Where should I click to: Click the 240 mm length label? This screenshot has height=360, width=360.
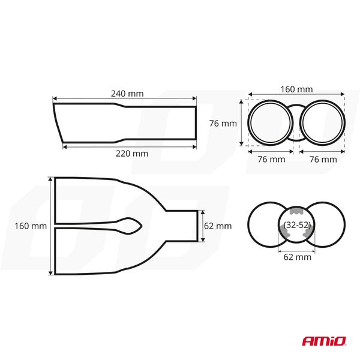[127, 94]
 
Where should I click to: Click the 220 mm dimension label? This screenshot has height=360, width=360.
[131, 154]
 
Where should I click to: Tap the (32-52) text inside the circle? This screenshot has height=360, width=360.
[295, 226]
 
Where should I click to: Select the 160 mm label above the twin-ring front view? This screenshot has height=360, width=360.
[296, 89]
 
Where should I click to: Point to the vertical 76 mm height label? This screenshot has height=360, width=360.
[223, 124]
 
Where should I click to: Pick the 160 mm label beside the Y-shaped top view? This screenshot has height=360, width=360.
[30, 226]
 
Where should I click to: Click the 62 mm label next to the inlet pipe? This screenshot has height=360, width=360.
[217, 226]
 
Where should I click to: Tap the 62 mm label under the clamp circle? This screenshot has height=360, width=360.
[296, 257]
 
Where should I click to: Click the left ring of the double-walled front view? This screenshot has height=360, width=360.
[271, 122]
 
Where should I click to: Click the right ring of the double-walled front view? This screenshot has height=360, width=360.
[322, 122]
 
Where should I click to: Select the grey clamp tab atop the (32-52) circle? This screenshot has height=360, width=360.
[295, 211]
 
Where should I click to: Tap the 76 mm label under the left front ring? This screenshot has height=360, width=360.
[271, 160]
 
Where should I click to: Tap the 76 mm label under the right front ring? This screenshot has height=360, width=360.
[322, 160]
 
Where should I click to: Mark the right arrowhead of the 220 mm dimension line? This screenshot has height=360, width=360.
[196, 145]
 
